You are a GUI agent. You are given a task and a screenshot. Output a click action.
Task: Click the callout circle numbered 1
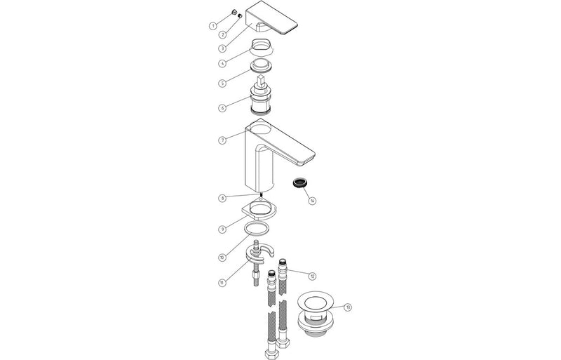tap(212, 26)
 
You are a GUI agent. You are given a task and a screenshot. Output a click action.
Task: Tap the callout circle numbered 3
tap(222, 48)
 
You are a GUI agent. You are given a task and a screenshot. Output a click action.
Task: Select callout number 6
tap(222, 108)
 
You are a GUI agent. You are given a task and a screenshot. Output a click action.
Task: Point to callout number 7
tap(222, 140)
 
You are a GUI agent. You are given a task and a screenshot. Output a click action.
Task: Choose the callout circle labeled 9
tap(222, 228)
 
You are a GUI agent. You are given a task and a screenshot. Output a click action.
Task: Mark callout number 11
tap(222, 283)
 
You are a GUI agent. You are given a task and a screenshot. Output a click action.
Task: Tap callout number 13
tap(348, 307)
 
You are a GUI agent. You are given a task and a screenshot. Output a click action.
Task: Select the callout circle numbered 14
tap(312, 201)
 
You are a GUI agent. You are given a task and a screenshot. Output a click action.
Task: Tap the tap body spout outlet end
tap(309, 156)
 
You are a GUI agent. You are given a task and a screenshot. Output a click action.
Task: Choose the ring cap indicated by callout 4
tap(262, 50)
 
